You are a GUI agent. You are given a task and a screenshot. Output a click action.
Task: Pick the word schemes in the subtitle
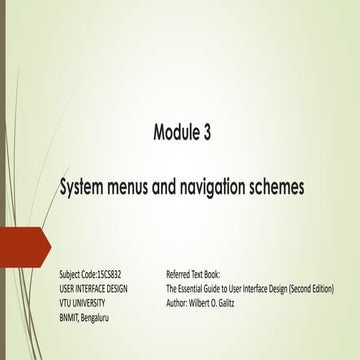(285, 186)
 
